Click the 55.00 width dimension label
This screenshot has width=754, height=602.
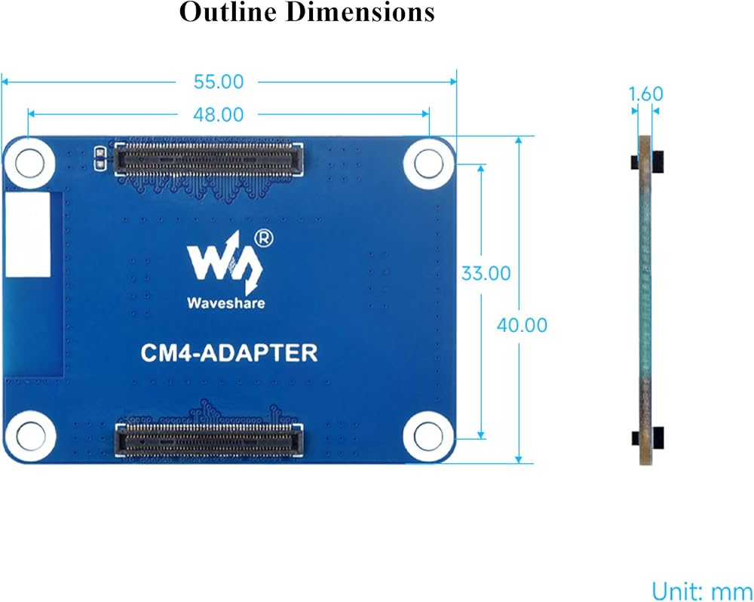219,81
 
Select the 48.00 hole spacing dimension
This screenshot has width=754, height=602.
219,115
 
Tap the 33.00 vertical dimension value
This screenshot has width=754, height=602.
486,273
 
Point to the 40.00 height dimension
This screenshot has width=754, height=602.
522,325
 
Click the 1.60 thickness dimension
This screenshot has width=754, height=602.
646,94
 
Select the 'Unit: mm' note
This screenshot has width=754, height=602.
701,591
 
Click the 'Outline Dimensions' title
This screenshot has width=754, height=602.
307,12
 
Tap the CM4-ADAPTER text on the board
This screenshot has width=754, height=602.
229,353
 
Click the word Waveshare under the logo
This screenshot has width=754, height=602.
226,303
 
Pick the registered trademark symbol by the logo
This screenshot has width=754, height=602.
263,238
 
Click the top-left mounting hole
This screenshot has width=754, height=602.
30,163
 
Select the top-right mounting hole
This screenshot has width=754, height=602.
428,163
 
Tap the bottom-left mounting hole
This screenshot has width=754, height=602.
31,436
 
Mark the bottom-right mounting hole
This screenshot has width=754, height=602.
428,436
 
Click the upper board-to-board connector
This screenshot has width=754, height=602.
209,158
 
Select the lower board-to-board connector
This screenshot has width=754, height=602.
209,441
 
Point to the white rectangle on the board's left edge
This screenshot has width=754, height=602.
28,235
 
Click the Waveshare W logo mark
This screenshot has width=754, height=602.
225,263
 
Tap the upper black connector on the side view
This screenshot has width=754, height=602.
647,161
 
